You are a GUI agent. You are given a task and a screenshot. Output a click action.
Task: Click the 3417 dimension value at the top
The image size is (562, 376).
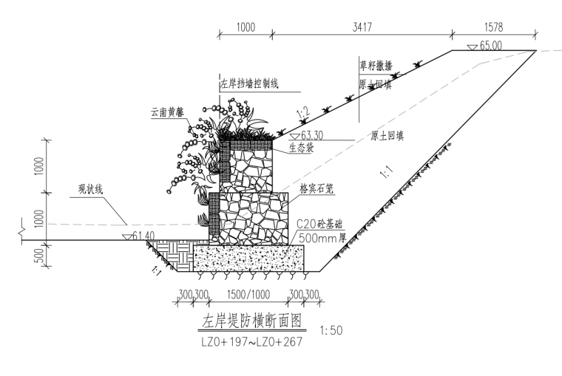point(362,27)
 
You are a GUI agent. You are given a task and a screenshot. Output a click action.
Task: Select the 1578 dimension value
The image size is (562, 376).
point(492,27)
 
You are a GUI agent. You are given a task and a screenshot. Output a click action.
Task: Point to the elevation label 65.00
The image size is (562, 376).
point(490,45)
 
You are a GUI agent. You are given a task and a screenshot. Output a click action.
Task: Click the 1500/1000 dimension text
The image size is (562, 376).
point(250,295)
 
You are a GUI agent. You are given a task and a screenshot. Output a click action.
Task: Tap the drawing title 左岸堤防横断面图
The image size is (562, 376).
point(250,321)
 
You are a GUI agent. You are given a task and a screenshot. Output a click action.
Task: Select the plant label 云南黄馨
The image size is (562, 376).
point(167,113)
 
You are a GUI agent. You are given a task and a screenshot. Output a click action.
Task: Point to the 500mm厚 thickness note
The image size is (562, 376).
point(318,238)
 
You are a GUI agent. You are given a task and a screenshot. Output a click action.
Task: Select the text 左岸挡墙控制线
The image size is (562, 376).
point(248,83)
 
